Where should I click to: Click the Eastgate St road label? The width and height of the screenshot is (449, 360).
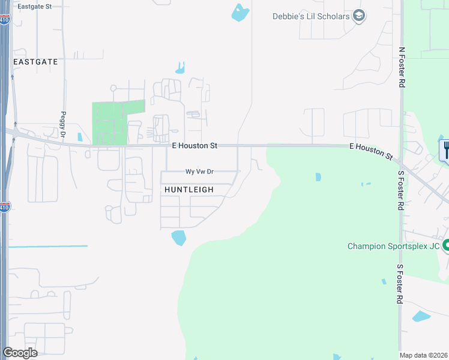point(35,6)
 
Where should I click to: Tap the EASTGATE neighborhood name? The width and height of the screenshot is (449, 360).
point(36,62)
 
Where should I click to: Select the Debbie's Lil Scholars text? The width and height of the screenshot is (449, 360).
point(310,16)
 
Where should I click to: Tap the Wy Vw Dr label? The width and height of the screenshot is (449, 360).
point(199,172)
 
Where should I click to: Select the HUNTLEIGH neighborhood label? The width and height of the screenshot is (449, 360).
point(189,190)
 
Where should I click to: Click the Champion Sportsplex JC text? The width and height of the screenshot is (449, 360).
point(394,246)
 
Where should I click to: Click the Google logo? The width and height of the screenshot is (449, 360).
point(20,352)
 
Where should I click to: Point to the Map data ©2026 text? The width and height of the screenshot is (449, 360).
point(423,355)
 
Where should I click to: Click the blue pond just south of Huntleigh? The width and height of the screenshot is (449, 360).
point(179,238)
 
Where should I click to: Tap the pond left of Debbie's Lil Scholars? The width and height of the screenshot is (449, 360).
point(240,13)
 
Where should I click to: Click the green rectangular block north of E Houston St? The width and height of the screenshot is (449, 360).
point(118,122)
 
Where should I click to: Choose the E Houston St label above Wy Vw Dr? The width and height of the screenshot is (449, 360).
point(194,146)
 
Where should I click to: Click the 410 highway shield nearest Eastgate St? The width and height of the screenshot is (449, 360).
point(4,20)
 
